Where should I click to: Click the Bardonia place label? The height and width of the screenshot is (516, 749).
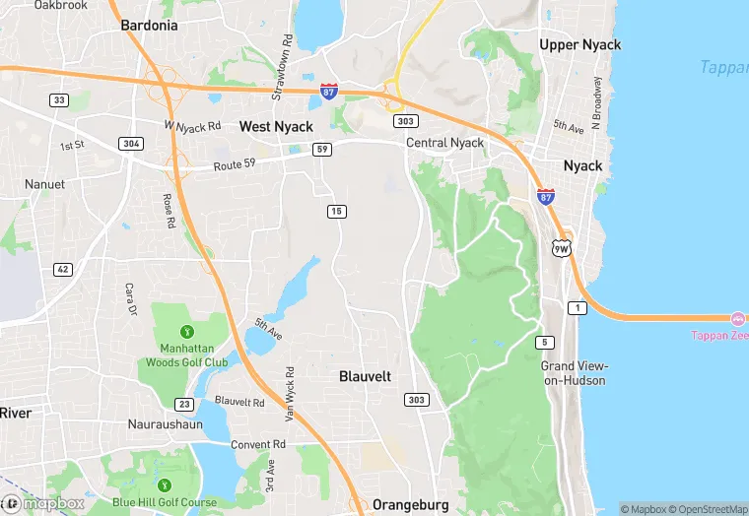[149, 26]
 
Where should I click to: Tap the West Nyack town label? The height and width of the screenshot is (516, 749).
[276, 127]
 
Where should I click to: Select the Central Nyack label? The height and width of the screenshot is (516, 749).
[445, 143]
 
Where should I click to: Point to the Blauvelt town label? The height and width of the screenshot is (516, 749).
[365, 376]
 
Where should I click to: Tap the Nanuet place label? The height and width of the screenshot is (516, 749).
[44, 184]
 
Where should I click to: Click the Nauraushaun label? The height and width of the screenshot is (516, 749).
[165, 424]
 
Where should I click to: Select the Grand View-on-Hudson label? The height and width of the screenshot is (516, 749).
[573, 373]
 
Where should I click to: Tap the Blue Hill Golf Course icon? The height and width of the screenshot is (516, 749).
[164, 485]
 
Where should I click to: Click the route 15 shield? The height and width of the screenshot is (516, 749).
[337, 212]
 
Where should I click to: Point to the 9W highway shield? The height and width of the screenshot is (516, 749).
[561, 248]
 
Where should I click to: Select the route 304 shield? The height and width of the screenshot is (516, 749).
[130, 144]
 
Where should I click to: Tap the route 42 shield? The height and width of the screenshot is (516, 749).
[62, 270]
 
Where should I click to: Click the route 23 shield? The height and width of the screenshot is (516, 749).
[183, 404]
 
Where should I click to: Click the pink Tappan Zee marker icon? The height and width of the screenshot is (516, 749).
[737, 319]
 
